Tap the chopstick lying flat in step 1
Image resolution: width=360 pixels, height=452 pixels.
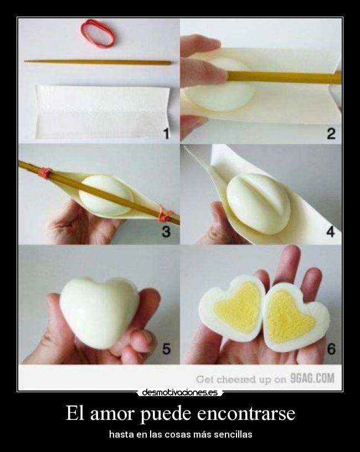pos(97,61)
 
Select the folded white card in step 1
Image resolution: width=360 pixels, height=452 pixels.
pos(102,112)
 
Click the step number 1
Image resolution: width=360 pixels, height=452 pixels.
pos(166,133)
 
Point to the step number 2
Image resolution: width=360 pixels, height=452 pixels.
pos(331,133)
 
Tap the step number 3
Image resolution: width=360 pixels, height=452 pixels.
pos(166,232)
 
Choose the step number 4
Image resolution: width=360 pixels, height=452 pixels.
pos(331,232)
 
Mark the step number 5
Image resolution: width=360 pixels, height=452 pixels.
pos(167,349)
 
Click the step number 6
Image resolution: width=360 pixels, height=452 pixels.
pos(331,349)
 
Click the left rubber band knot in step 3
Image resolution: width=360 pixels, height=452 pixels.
pos(45,173)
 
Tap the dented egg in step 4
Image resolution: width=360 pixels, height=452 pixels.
pos(259,203)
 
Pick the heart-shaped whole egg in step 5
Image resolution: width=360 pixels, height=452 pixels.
pos(100,312)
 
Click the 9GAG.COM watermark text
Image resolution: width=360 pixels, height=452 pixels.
pos(312,378)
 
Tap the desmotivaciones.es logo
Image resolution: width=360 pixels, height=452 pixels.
pos(180,392)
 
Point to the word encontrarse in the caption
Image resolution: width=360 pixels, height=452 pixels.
pos(246,413)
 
